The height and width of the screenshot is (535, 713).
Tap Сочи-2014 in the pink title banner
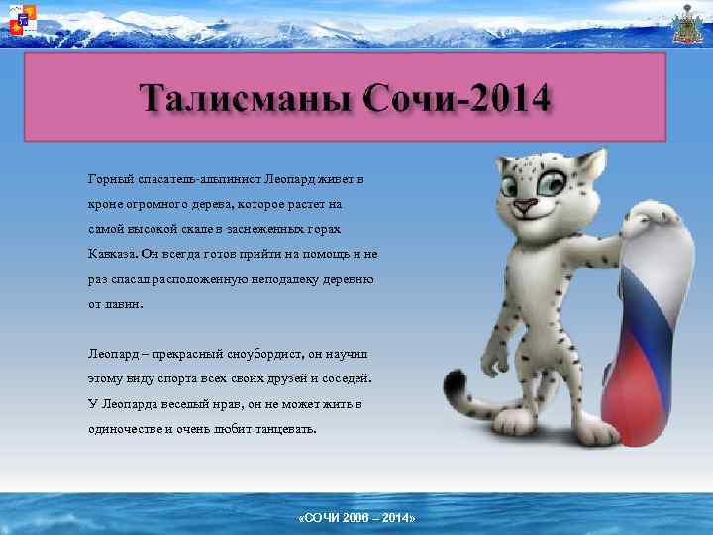457,101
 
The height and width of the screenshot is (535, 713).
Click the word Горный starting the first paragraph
108,181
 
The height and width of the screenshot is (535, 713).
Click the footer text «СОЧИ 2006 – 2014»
356,519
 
